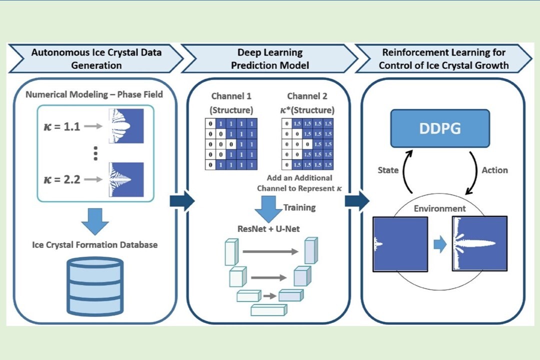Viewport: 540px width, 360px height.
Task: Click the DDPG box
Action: point(440,128)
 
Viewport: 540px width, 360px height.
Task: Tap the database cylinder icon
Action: point(95,286)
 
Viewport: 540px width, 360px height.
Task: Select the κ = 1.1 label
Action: point(62,126)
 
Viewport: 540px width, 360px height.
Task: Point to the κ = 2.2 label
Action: point(62,179)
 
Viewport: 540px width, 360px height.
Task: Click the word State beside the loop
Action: point(388,170)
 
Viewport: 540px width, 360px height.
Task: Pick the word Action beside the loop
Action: point(494,170)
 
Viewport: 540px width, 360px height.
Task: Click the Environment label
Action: point(440,208)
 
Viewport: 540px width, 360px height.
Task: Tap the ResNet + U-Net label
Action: point(268,228)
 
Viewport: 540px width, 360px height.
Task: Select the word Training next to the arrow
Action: point(299,207)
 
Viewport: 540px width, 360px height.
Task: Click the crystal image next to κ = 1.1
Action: point(126,125)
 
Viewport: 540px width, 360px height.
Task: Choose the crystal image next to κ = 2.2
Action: point(126,179)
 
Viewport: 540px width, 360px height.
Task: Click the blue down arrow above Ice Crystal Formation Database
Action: point(95,221)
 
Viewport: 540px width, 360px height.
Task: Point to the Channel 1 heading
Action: point(231,96)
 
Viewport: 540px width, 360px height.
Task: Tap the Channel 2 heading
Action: point(307,96)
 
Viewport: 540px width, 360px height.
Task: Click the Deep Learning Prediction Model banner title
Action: point(270,58)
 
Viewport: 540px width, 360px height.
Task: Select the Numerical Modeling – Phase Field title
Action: point(94,94)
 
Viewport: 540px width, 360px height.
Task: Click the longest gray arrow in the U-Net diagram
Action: point(270,251)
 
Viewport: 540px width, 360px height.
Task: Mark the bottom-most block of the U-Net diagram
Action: point(269,310)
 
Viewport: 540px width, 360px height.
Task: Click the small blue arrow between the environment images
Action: point(440,244)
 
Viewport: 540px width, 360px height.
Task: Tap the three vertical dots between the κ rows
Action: point(95,153)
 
